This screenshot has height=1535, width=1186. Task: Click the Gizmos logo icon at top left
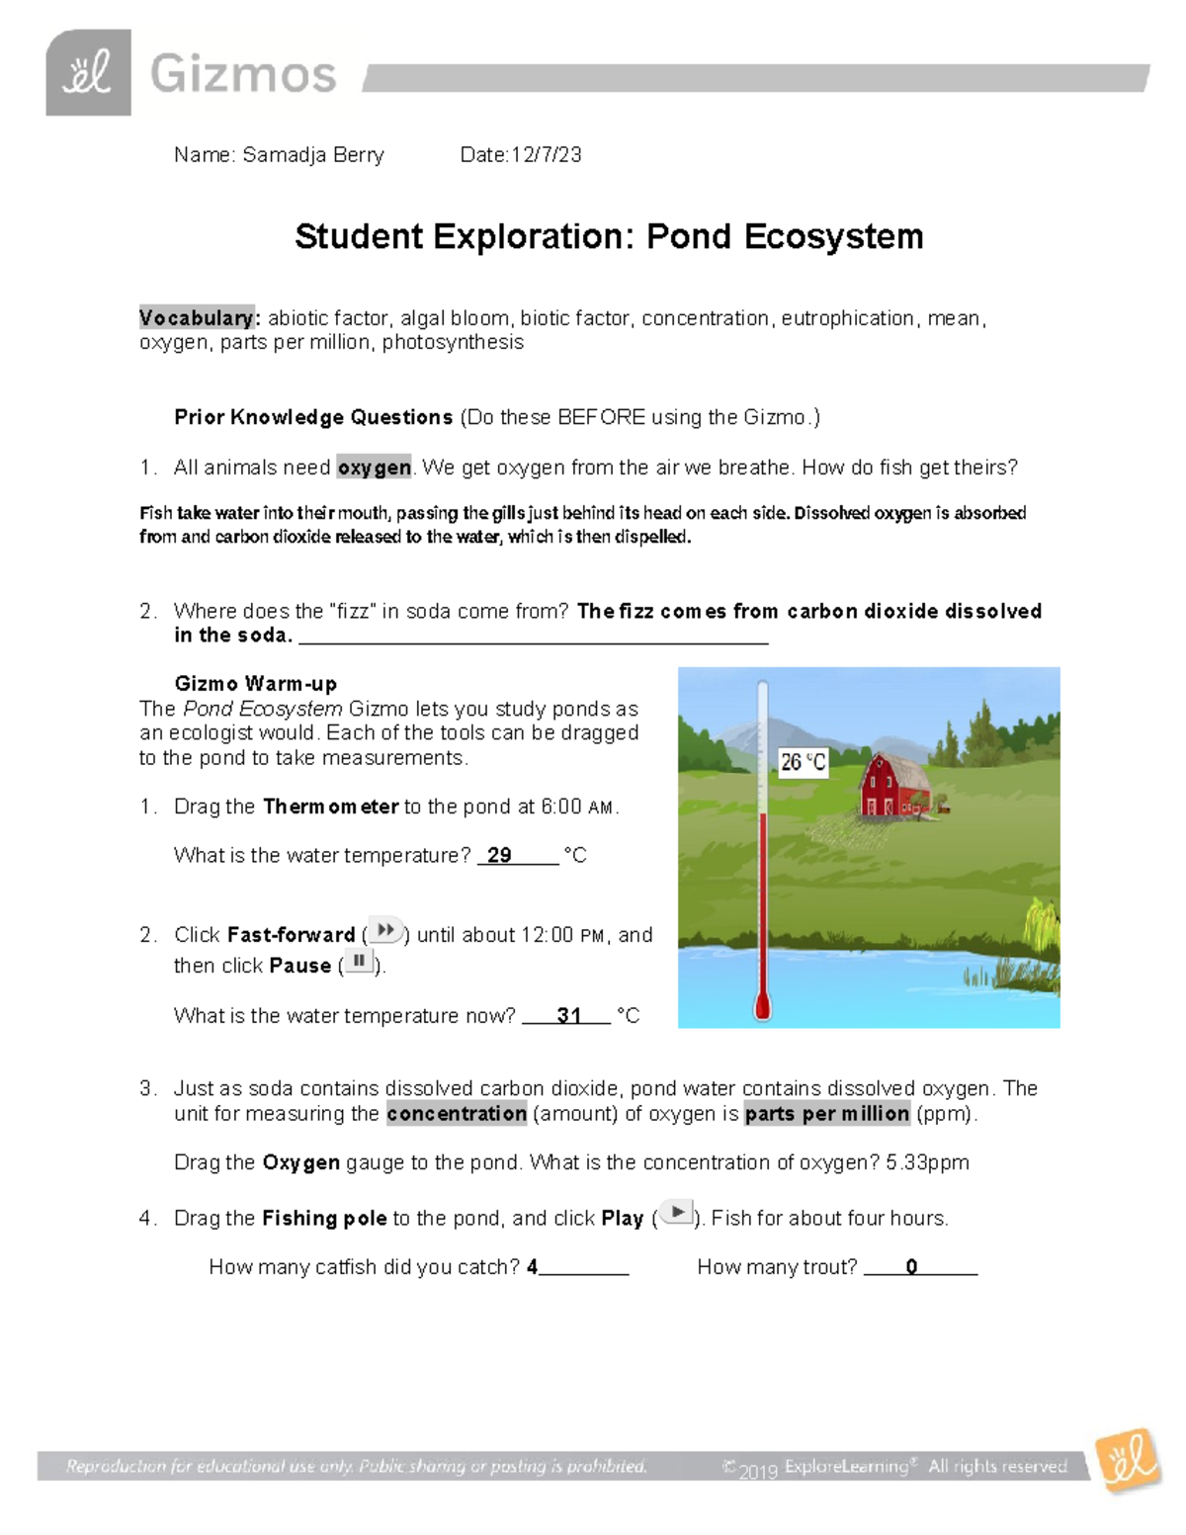[x=88, y=73]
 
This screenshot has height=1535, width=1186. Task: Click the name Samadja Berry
[x=313, y=155]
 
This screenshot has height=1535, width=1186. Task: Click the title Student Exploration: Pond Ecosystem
[x=609, y=237]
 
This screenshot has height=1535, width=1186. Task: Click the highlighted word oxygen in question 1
[x=374, y=468]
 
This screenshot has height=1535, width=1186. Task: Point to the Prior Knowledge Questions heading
[x=313, y=417]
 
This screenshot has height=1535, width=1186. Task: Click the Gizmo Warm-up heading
[x=255, y=684]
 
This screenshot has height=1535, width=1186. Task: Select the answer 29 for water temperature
[x=499, y=856]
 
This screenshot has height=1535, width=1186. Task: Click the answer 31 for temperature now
[x=568, y=1016]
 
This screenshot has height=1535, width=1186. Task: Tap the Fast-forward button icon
[x=385, y=930]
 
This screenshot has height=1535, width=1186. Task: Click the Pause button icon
[x=359, y=962]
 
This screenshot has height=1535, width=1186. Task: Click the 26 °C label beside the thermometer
[x=803, y=762]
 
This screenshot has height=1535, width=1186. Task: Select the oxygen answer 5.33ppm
[x=927, y=1163]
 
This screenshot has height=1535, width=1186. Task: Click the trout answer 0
[x=911, y=1267]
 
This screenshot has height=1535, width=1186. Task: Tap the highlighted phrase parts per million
[x=826, y=1114]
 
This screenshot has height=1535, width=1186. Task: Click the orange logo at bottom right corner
[x=1130, y=1460]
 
